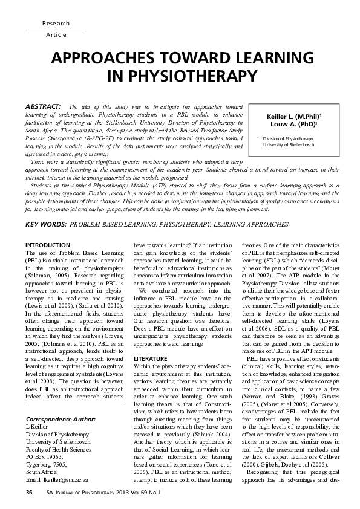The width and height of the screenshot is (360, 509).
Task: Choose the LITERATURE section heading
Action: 149,342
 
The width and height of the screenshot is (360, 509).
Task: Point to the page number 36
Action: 29,493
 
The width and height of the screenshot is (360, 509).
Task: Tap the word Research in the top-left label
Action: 56,23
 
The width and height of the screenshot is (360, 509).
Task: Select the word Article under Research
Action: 56,35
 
